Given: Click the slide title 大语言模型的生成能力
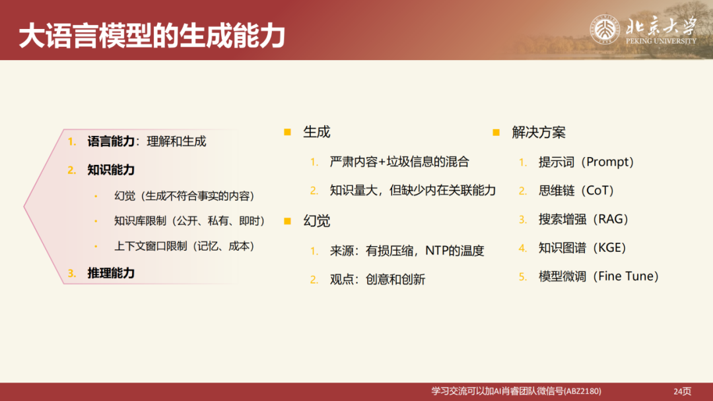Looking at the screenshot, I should pyautogui.click(x=151, y=36).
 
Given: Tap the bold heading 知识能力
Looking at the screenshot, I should pyautogui.click(x=111, y=170).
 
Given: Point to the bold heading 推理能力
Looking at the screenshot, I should pyautogui.click(x=111, y=272).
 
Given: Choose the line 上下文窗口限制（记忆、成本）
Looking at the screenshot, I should pyautogui.click(x=184, y=246).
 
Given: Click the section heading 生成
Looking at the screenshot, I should pyautogui.click(x=316, y=132).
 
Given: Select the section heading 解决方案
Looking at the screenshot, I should pyautogui.click(x=539, y=132).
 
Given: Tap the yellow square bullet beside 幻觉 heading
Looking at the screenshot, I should pyautogui.click(x=287, y=221).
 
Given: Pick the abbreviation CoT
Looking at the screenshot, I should pyautogui.click(x=599, y=191).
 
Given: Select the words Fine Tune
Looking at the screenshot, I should pyautogui.click(x=624, y=277).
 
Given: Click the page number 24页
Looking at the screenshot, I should pyautogui.click(x=682, y=391).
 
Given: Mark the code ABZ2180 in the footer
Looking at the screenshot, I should pyautogui.click(x=584, y=391).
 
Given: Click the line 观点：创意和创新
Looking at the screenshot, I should pyautogui.click(x=378, y=280).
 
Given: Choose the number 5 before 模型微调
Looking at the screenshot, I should pyautogui.click(x=523, y=277).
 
